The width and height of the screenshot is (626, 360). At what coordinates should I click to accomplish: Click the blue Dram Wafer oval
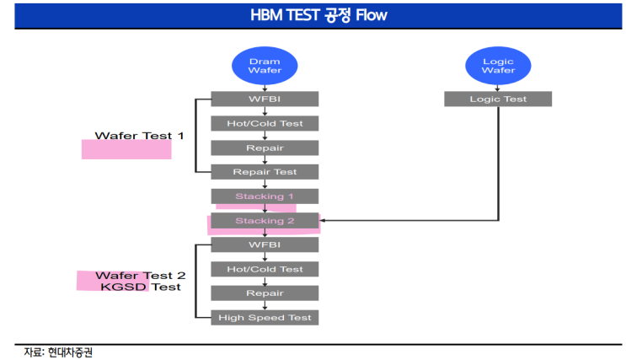point(265,66)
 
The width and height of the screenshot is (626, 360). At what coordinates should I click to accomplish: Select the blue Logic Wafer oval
point(498,66)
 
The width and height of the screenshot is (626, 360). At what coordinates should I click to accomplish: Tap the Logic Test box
point(498,99)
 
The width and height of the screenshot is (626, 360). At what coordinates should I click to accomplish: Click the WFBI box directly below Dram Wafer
point(265,99)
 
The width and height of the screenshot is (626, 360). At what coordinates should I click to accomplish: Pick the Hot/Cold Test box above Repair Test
point(265,123)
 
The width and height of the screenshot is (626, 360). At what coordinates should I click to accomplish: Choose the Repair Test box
point(265,172)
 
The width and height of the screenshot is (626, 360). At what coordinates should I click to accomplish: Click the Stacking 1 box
point(265,196)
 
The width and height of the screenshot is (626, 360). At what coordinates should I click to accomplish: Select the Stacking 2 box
point(265,221)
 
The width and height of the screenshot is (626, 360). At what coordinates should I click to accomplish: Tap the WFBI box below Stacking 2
point(265,244)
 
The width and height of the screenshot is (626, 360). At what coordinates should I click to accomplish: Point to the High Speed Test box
point(265,318)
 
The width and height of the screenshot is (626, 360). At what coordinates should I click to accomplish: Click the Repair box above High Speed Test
point(265,293)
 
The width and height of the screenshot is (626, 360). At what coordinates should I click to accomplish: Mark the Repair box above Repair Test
point(265,148)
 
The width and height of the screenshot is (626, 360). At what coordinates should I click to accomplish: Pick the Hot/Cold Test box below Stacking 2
point(265,269)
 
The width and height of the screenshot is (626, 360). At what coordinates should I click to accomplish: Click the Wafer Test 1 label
point(139,136)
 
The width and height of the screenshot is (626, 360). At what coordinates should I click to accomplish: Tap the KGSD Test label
point(141,287)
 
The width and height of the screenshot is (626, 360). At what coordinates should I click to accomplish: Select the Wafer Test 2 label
point(141,276)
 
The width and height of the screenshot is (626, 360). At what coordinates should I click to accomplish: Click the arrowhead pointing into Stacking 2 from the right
point(322,220)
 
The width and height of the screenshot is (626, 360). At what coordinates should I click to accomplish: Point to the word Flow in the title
point(372,15)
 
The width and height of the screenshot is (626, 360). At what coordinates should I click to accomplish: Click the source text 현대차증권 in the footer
point(70,352)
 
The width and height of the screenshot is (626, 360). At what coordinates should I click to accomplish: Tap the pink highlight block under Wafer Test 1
point(126,149)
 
